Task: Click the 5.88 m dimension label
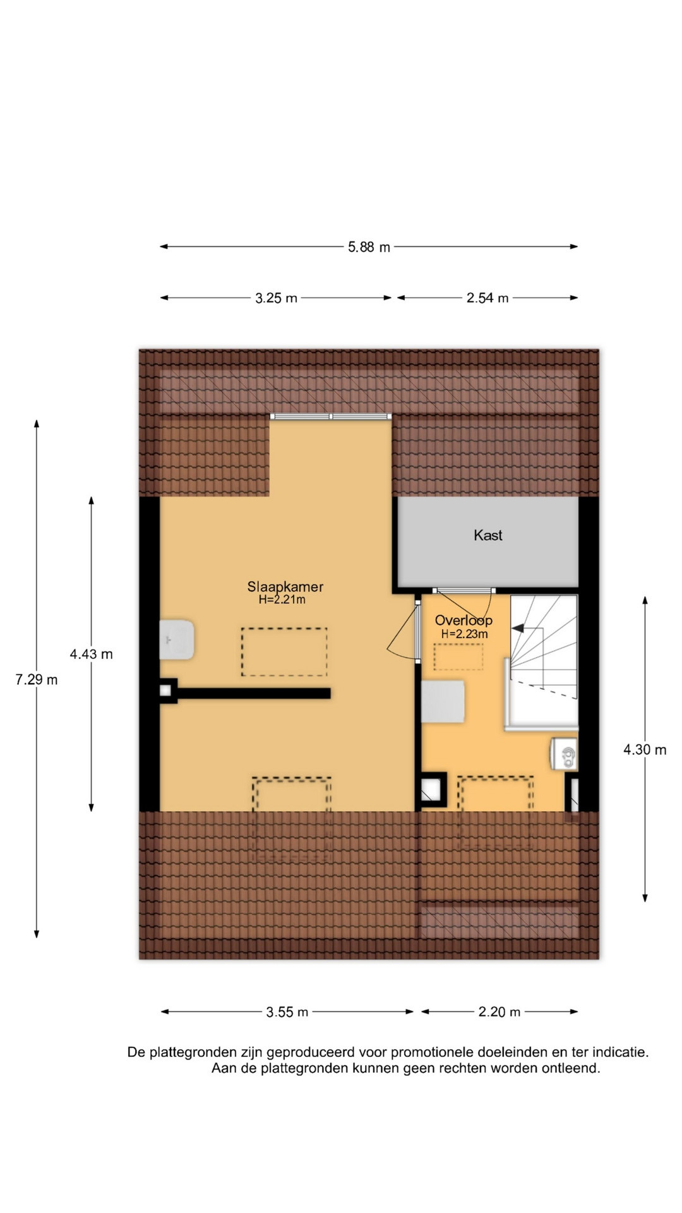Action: click(x=369, y=247)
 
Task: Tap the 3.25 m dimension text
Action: click(x=276, y=298)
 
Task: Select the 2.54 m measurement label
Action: click(x=488, y=298)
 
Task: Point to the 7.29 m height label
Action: click(x=37, y=680)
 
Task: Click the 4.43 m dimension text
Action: click(x=92, y=654)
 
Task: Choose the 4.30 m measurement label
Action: click(x=645, y=750)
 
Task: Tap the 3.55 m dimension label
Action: click(x=287, y=1012)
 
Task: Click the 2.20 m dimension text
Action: click(x=500, y=1012)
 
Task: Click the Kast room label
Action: click(x=488, y=535)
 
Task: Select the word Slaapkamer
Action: click(x=285, y=586)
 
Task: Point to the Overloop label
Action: click(x=464, y=620)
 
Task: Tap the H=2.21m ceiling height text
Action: click(x=282, y=600)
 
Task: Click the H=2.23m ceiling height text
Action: click(x=464, y=634)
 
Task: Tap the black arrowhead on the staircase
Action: click(x=518, y=629)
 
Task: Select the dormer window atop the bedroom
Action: click(x=331, y=417)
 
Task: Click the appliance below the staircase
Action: click(x=564, y=754)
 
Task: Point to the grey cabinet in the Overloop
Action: click(x=443, y=701)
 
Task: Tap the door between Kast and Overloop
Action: click(x=464, y=591)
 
